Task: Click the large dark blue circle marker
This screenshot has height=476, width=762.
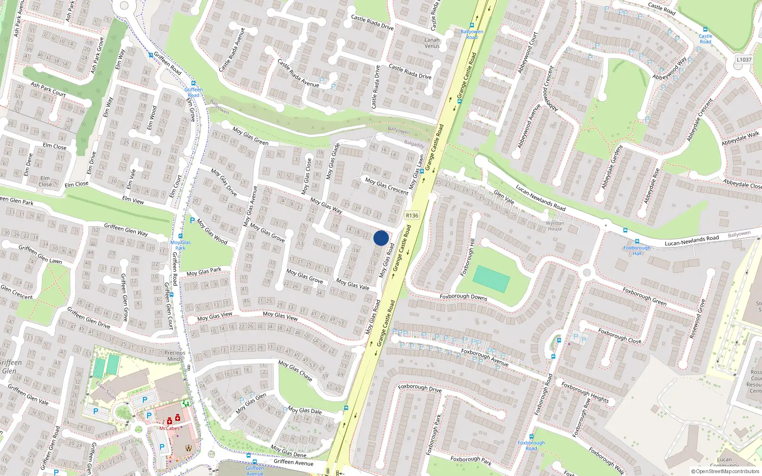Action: tap(381, 238)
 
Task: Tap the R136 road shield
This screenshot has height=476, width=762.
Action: tap(412, 216)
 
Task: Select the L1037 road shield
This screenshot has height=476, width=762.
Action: tap(743, 59)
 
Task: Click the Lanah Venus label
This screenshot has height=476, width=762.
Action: tap(432, 43)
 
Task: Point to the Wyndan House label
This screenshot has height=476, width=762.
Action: tap(555, 226)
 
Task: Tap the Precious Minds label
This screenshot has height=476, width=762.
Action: tap(174, 356)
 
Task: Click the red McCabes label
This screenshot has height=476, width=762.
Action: tap(170, 428)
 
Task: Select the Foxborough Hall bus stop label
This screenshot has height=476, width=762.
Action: tap(637, 250)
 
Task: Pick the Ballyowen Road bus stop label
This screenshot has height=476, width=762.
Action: tap(471, 34)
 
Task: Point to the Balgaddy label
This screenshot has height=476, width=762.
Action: tap(414, 144)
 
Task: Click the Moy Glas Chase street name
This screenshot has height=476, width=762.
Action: tap(295, 370)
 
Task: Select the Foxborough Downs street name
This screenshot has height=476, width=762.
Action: tap(463, 297)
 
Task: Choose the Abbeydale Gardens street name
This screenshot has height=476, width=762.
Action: tap(612, 168)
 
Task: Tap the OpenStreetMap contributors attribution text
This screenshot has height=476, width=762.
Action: tap(725, 471)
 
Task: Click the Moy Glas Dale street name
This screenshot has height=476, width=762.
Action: tap(304, 410)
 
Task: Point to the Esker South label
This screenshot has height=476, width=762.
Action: tap(106, 390)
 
